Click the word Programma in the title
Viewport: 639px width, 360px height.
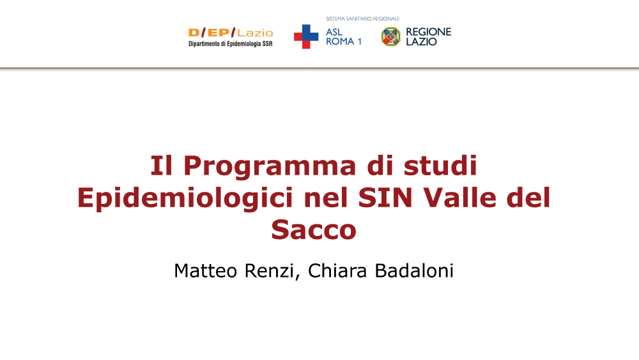(x=270, y=167)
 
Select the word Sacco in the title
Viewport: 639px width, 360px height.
(x=314, y=230)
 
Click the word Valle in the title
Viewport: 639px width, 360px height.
(x=459, y=198)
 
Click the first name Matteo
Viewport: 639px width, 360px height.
(x=205, y=270)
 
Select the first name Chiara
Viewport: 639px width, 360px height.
(x=337, y=270)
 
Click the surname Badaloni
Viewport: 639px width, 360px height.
(x=414, y=270)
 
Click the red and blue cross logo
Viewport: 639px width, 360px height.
(x=306, y=36)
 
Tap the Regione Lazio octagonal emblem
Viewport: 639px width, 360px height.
(x=391, y=36)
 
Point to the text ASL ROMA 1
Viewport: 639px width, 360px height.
(x=344, y=36)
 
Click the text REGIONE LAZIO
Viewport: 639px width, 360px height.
(x=428, y=36)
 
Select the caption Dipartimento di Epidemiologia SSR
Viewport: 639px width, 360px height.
(x=231, y=43)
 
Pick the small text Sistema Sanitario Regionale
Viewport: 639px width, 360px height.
(x=363, y=19)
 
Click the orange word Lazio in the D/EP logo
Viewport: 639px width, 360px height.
(x=255, y=33)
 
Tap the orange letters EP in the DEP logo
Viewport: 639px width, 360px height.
(x=219, y=33)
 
